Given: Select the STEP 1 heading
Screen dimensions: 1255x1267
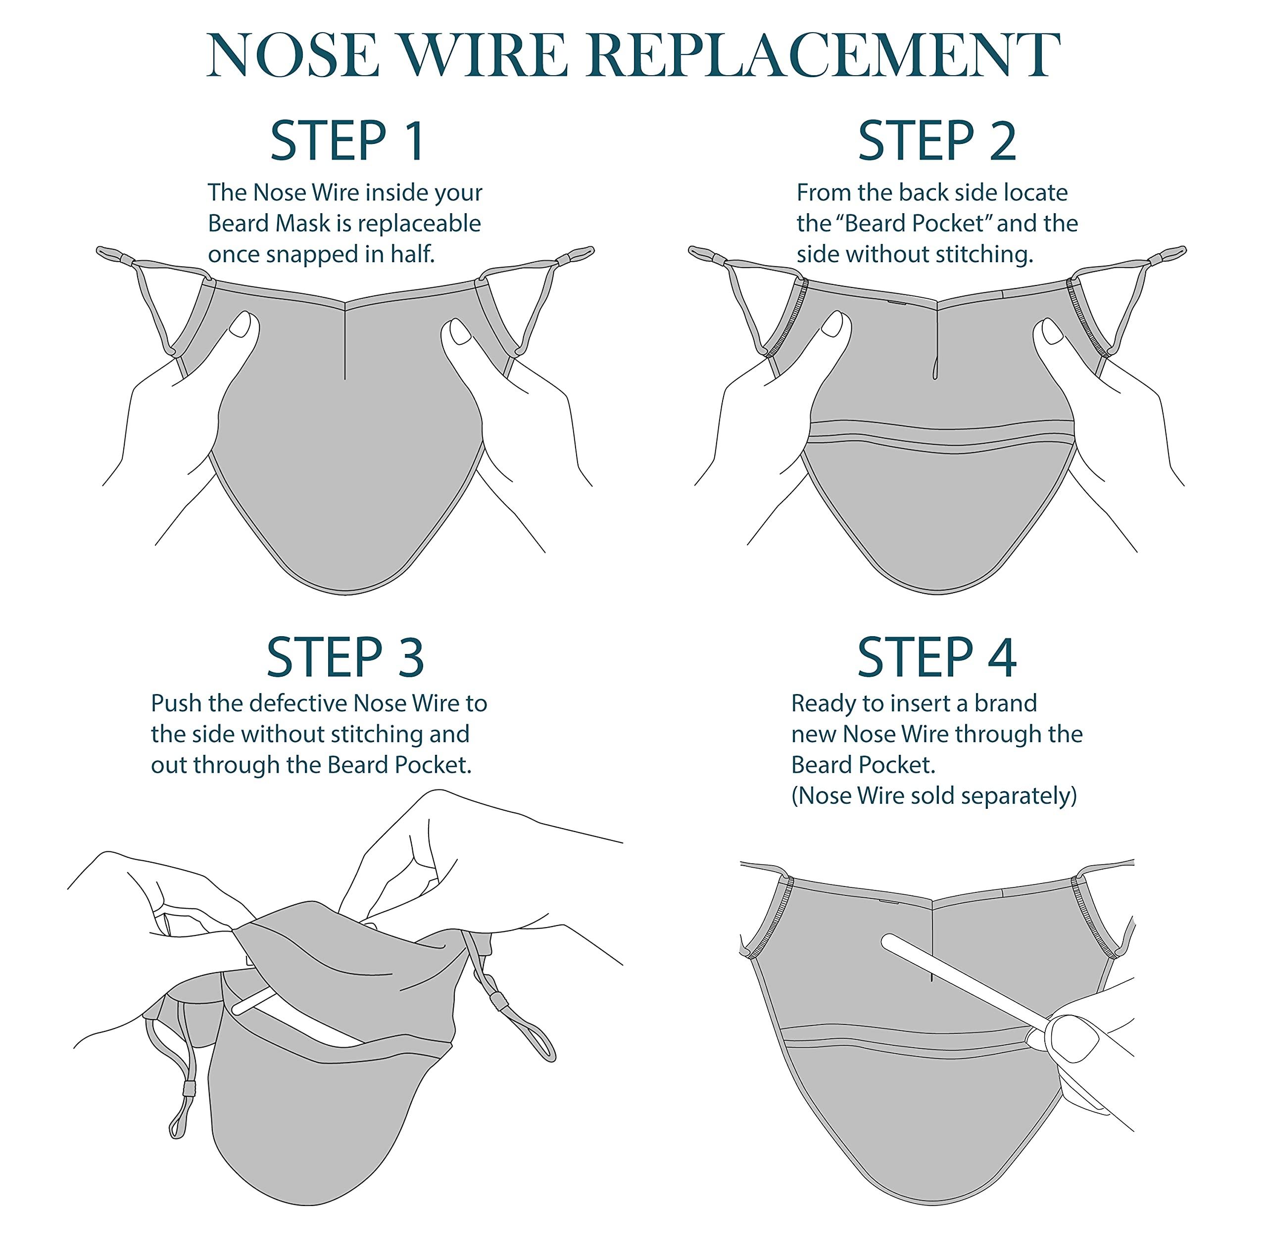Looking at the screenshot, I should point(347,141).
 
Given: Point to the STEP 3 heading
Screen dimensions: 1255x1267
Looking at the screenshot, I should point(345,657).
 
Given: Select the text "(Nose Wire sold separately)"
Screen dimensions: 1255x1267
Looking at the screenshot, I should point(934,795).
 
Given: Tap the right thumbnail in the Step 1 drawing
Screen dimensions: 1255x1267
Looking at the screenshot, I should point(461,331).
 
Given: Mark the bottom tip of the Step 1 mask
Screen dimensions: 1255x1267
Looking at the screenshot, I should point(345,591).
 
